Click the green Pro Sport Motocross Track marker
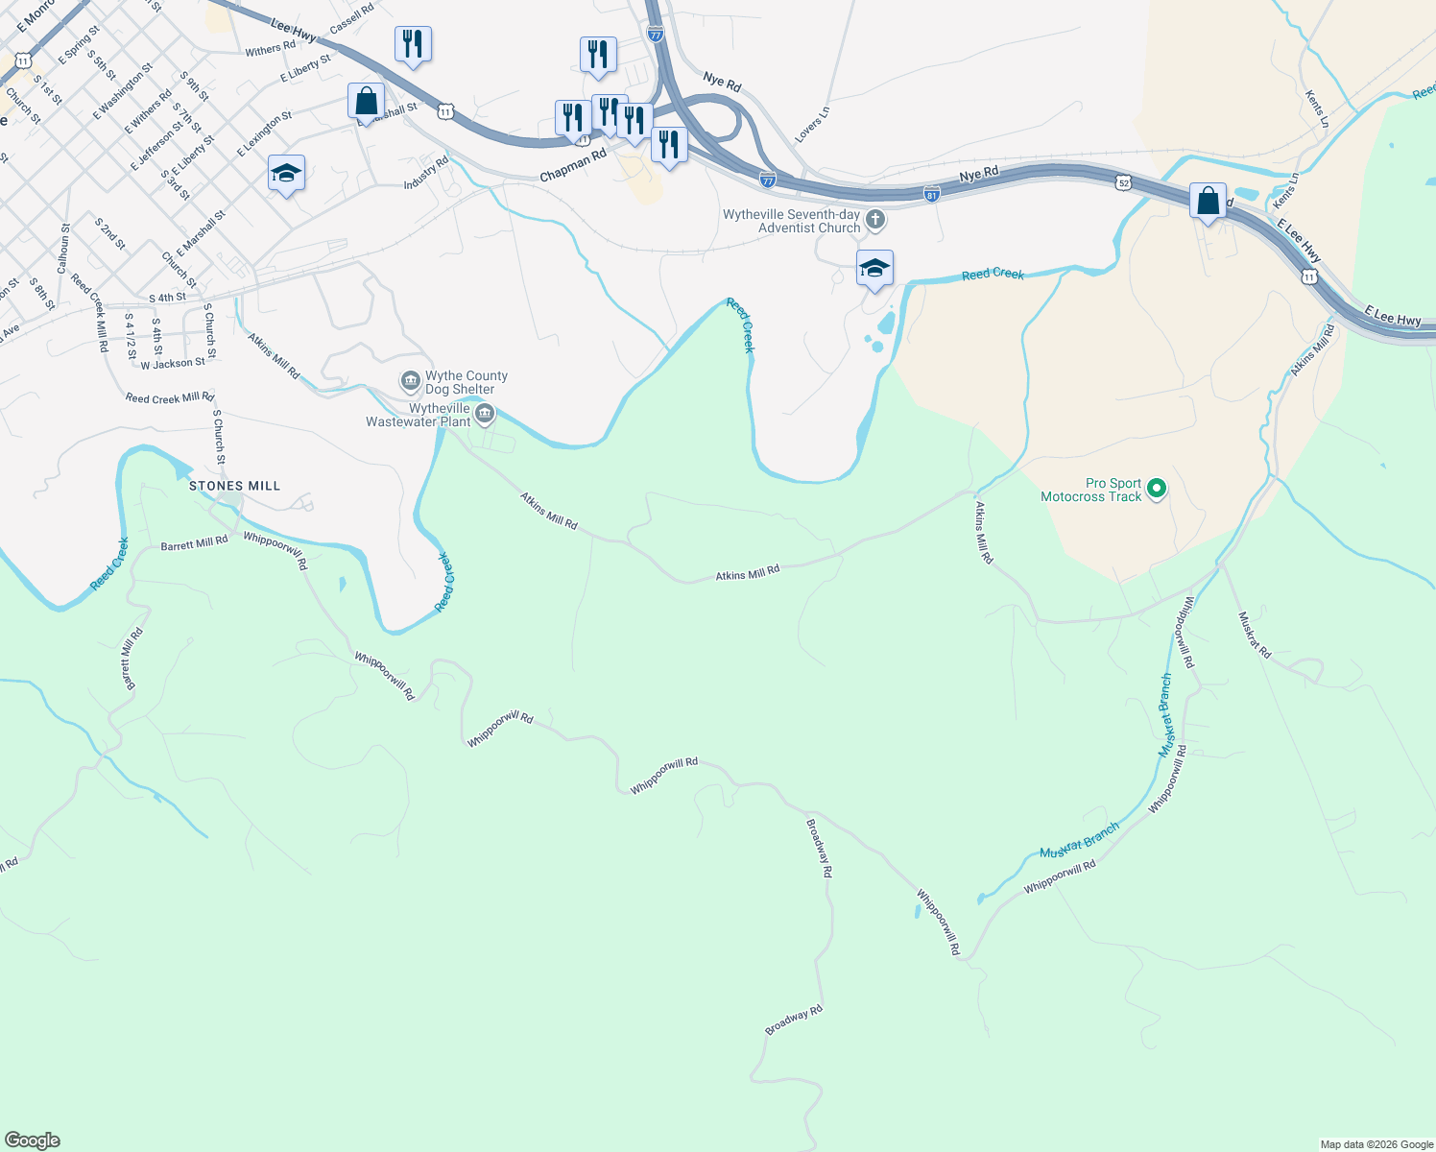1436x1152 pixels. point(1157,490)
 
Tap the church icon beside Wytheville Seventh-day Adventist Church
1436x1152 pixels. point(874,221)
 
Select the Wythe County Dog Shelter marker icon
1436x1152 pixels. point(411,382)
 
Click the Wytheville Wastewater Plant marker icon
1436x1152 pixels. point(485,415)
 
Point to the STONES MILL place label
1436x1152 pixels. point(234,486)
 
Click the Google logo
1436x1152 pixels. point(32,1140)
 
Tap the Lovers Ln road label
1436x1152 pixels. point(812,125)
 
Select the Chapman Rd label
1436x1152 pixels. point(573,164)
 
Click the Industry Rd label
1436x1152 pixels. point(426,173)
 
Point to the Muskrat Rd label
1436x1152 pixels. point(1255,635)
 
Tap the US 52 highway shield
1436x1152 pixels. point(1123,181)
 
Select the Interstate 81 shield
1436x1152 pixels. point(931,194)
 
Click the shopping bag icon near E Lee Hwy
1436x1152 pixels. point(1208,202)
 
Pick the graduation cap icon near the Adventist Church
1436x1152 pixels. point(874,268)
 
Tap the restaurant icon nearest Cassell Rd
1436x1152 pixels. point(413,43)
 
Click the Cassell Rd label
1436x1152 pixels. point(351,19)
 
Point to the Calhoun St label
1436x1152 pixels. point(64,249)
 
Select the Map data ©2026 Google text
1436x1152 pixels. point(1376,1144)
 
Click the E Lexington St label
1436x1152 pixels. point(265,133)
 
